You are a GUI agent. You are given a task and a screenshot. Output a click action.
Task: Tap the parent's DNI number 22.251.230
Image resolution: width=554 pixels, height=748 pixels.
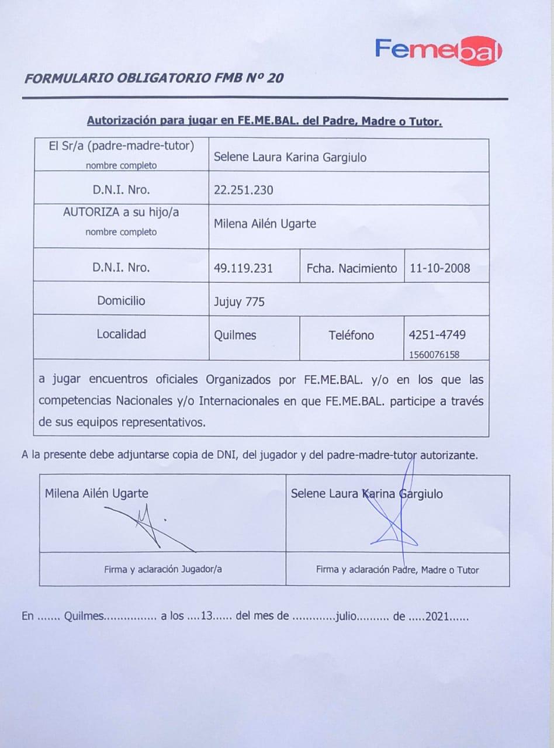[x=244, y=190]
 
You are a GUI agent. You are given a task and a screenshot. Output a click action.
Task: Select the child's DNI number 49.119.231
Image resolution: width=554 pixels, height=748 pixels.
[x=244, y=268]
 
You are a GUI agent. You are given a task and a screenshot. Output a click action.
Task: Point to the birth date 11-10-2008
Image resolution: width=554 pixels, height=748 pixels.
[x=440, y=268]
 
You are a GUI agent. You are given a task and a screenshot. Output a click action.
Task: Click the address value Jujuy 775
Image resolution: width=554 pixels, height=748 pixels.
[x=240, y=302]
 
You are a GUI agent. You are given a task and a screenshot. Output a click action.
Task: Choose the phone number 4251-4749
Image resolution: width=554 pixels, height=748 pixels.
[x=438, y=335]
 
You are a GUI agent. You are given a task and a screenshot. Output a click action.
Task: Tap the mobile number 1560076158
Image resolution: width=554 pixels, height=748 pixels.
[x=434, y=354]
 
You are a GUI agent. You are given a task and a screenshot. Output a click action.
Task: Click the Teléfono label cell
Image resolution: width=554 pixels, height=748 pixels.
[x=351, y=335]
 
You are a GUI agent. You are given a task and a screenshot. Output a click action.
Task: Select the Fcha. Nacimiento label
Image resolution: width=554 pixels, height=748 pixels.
[x=351, y=268]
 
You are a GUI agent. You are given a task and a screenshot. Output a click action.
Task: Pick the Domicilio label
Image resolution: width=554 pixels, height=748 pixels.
[x=122, y=301]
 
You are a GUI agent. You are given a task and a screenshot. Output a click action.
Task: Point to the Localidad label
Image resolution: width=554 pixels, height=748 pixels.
[x=122, y=334]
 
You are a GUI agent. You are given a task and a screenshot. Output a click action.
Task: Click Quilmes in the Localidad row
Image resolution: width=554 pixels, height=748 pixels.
[x=236, y=335]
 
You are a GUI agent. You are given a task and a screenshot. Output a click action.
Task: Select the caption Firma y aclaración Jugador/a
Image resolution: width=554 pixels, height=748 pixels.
[x=163, y=569]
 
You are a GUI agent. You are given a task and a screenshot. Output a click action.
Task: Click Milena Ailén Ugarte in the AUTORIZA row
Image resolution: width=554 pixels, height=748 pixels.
[x=265, y=224]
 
